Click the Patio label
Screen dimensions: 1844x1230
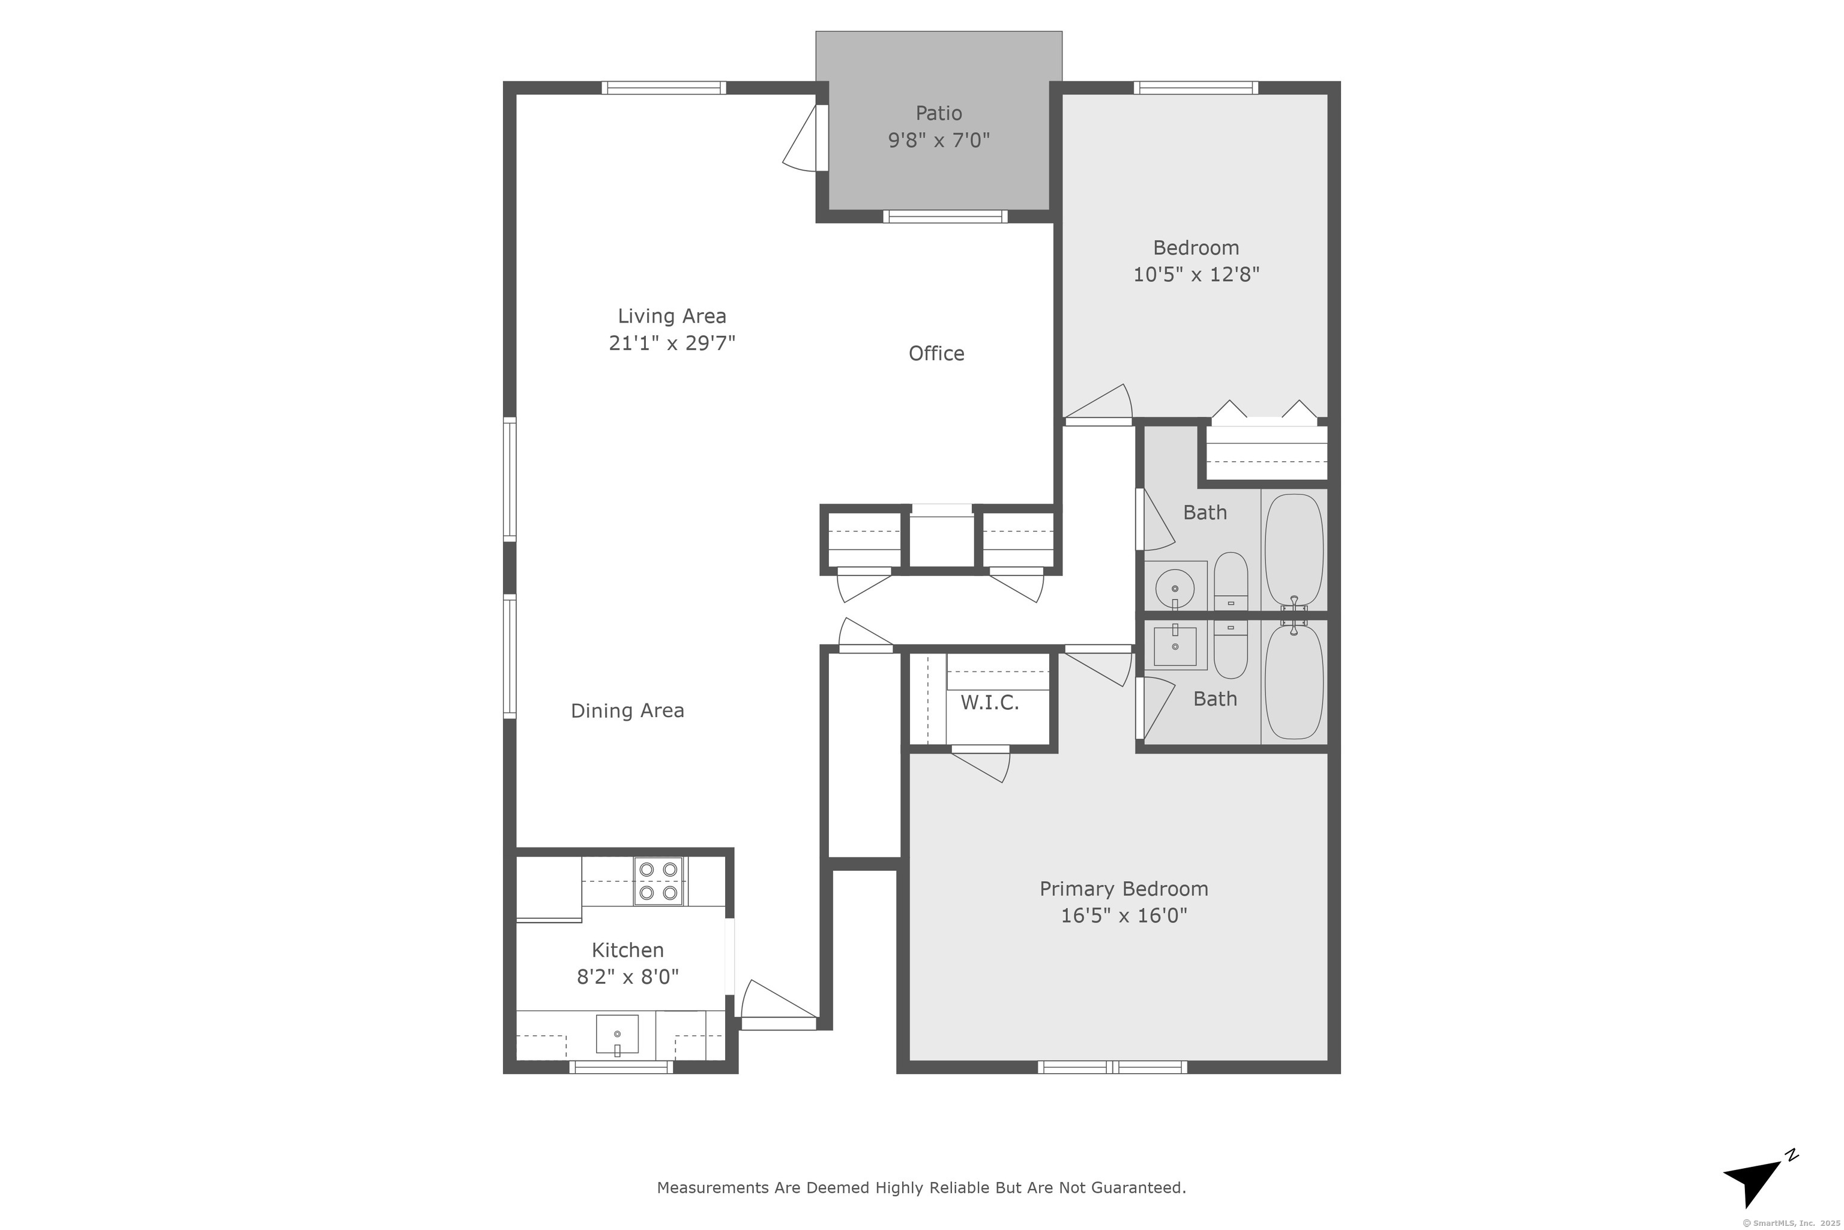pyautogui.click(x=938, y=113)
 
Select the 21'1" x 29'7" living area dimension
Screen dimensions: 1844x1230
pyautogui.click(x=672, y=343)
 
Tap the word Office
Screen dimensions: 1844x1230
pyautogui.click(x=936, y=353)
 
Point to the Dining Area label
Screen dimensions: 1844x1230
pyautogui.click(x=627, y=710)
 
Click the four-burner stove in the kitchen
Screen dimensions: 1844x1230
pyautogui.click(x=658, y=881)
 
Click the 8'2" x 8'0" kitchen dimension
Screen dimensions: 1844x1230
pyautogui.click(x=627, y=977)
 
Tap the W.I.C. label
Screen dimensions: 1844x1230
pyautogui.click(x=989, y=703)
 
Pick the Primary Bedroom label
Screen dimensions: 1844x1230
pyautogui.click(x=1124, y=889)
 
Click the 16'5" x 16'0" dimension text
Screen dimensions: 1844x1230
pyautogui.click(x=1124, y=915)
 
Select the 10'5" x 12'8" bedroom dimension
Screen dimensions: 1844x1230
pyautogui.click(x=1196, y=274)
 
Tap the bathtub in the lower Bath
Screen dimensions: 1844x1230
pyautogui.click(x=1294, y=682)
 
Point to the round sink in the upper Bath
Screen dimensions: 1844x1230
pyautogui.click(x=1175, y=587)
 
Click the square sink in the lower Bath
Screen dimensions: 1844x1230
pyautogui.click(x=1175, y=646)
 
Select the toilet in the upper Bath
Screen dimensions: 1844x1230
pyautogui.click(x=1230, y=582)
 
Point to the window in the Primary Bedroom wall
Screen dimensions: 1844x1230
pyautogui.click(x=1112, y=1067)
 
